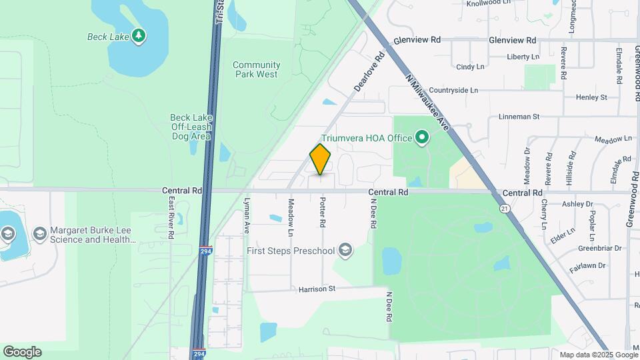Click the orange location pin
click(x=320, y=159)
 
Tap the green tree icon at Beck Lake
click(x=139, y=35)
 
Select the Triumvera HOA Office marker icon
click(x=421, y=138)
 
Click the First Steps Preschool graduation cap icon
click(x=345, y=250)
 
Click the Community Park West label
click(x=257, y=69)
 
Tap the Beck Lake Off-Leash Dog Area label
click(x=191, y=127)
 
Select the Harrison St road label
click(x=316, y=289)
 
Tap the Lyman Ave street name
click(x=247, y=215)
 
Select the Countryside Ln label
click(x=453, y=90)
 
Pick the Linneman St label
click(x=519, y=117)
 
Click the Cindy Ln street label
click(x=470, y=67)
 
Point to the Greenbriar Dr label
click(x=599, y=248)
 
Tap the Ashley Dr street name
click(x=577, y=204)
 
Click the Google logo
click(x=22, y=352)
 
